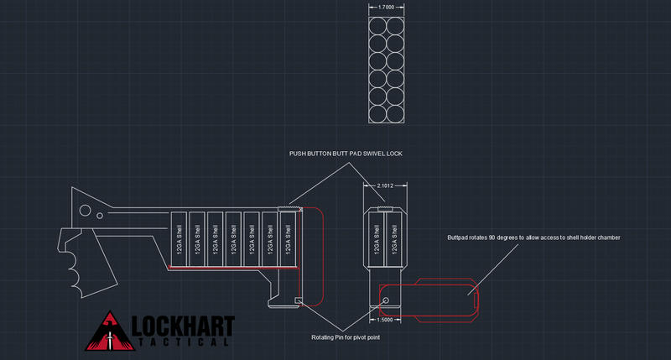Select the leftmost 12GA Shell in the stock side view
coord(179,238)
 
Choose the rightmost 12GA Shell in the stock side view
coord(288,238)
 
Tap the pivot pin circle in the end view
coord(385,299)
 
